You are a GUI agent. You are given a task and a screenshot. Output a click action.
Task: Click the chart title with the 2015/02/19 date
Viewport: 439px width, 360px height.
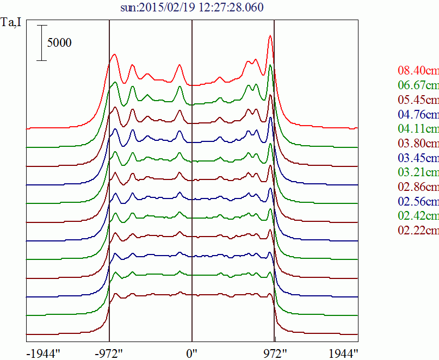click(x=192, y=8)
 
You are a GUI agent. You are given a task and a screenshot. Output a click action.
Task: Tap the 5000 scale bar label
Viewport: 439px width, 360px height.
click(x=59, y=42)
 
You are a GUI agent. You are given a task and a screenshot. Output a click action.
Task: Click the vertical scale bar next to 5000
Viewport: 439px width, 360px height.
click(x=42, y=42)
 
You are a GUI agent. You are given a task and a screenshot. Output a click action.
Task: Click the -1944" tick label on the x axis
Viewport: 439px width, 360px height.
click(x=43, y=352)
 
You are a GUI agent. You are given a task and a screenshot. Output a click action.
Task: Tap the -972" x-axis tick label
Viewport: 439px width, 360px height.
click(x=109, y=352)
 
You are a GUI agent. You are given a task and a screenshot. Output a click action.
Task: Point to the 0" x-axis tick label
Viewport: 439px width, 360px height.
click(x=191, y=352)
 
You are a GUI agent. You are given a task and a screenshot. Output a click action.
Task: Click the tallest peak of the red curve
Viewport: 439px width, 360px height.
click(x=270, y=36)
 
